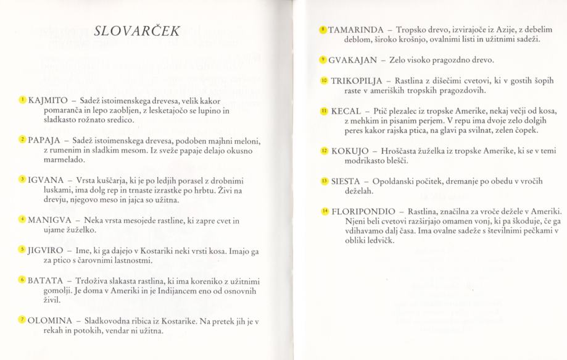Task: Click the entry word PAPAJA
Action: click(43, 141)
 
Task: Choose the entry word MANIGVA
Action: click(47, 220)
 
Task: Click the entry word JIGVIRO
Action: click(44, 251)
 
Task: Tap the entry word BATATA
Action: click(43, 280)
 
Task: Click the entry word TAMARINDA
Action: click(356, 30)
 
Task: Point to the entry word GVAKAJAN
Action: click(353, 61)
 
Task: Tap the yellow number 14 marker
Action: click(325, 211)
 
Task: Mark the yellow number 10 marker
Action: click(325, 81)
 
